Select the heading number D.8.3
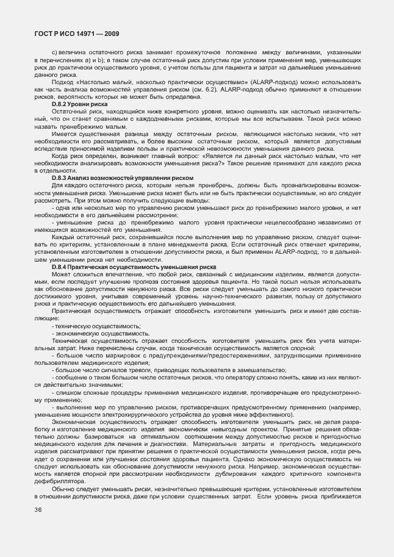click(x=61, y=178)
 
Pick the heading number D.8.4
click(x=61, y=267)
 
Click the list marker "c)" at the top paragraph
click(x=55, y=51)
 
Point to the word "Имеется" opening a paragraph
click(x=65, y=134)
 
